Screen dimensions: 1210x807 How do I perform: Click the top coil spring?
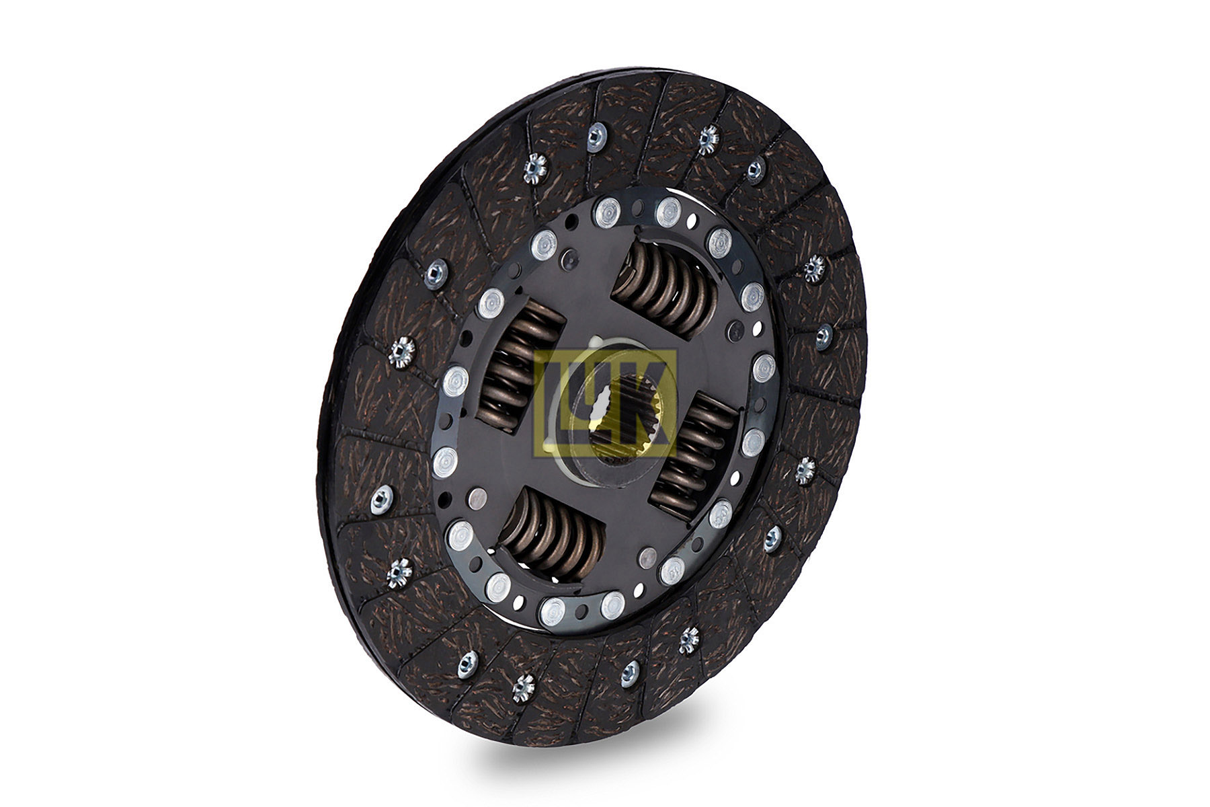[664, 285]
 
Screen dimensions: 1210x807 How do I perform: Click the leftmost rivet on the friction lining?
[381, 498]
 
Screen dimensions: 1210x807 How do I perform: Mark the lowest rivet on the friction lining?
[522, 688]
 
